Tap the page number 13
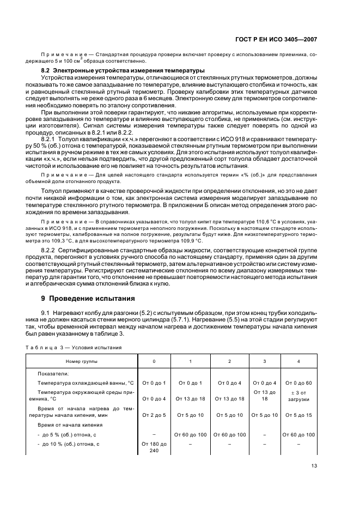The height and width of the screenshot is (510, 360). tap(314, 465)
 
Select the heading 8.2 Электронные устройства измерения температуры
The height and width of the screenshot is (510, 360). tap(115, 71)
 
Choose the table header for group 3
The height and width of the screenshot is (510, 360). tap(265, 362)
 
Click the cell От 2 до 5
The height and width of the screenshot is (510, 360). tap(154, 415)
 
